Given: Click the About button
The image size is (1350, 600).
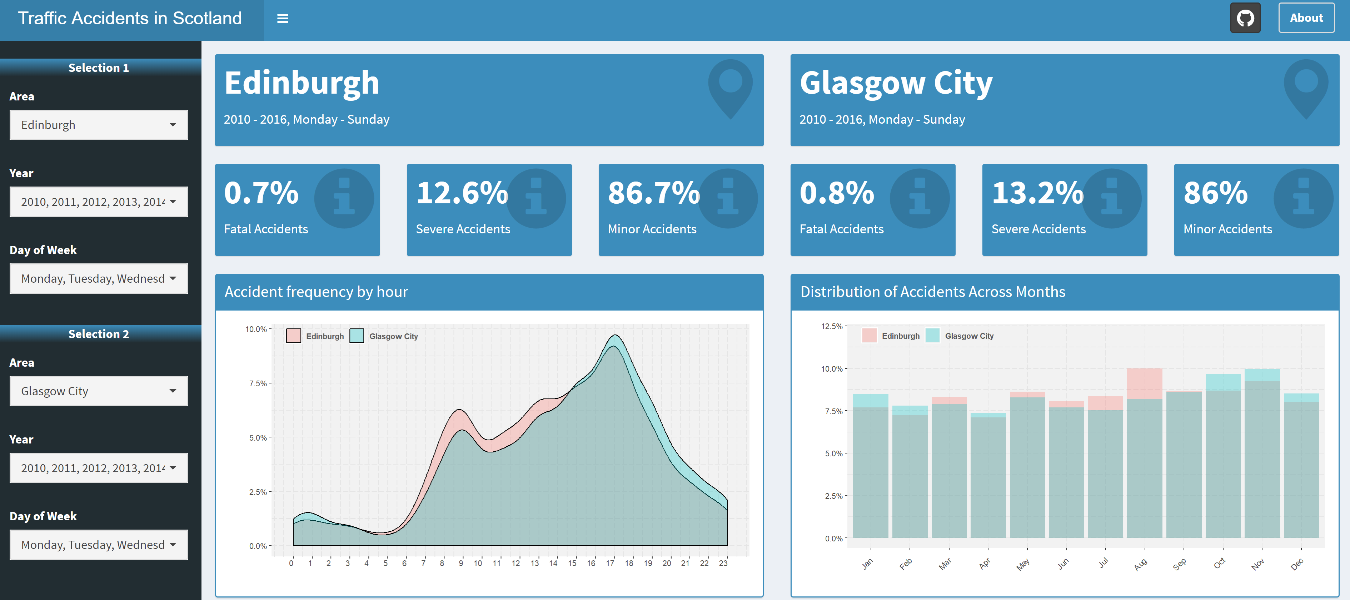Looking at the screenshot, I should click(x=1306, y=18).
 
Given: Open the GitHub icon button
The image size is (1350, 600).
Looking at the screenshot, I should click(x=1245, y=18).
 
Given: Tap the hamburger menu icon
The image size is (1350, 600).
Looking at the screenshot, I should click(x=283, y=19).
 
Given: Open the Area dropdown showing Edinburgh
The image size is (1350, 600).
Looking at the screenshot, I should click(x=99, y=125).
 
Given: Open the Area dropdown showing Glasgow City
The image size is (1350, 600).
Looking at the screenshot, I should click(x=99, y=391).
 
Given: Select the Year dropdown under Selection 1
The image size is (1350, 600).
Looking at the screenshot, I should click(x=99, y=202).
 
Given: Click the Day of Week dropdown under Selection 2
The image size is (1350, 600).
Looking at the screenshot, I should click(x=99, y=545).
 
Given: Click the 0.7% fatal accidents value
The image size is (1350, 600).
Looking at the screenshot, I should click(x=261, y=193).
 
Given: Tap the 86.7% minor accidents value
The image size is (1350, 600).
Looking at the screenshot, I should click(x=653, y=193).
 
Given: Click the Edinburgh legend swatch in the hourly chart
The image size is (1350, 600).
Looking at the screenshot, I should click(x=294, y=336).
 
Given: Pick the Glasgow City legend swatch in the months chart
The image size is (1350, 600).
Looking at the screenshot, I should click(x=932, y=335).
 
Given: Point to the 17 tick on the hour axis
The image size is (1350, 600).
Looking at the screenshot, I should click(x=610, y=563).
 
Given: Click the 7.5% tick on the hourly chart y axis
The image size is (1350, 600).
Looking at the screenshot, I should click(x=258, y=383).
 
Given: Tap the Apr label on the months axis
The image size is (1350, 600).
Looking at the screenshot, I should click(x=985, y=563).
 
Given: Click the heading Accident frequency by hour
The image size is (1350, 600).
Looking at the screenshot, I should click(x=316, y=292).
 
